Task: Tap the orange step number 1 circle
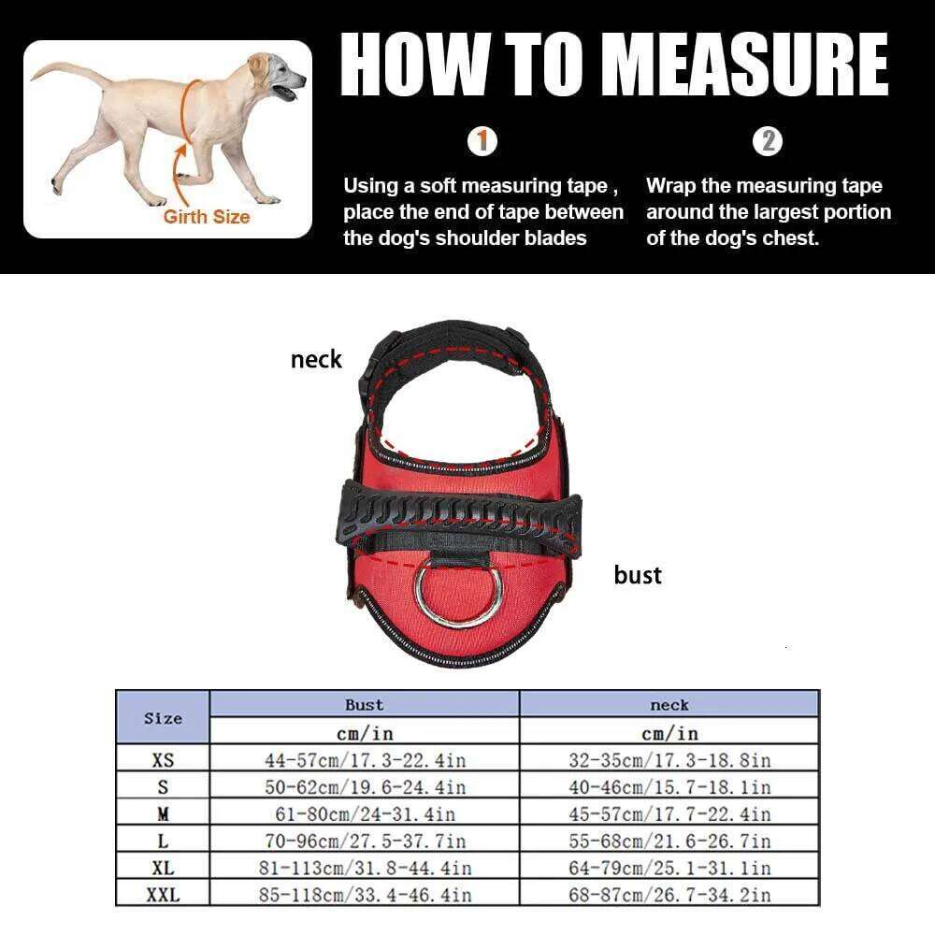pos(482,143)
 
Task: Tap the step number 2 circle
pos(769,142)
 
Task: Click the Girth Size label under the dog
pos(207,217)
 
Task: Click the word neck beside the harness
pos(316,359)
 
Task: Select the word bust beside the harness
pos(638,575)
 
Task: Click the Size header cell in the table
pos(163,718)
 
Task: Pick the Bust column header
pos(364,705)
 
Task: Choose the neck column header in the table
pos(669,705)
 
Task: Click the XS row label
pos(163,760)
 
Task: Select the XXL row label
pos(163,895)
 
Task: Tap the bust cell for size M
pos(364,814)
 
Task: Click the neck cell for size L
pos(669,841)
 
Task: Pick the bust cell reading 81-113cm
pos(364,868)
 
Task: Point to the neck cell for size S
pos(669,787)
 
